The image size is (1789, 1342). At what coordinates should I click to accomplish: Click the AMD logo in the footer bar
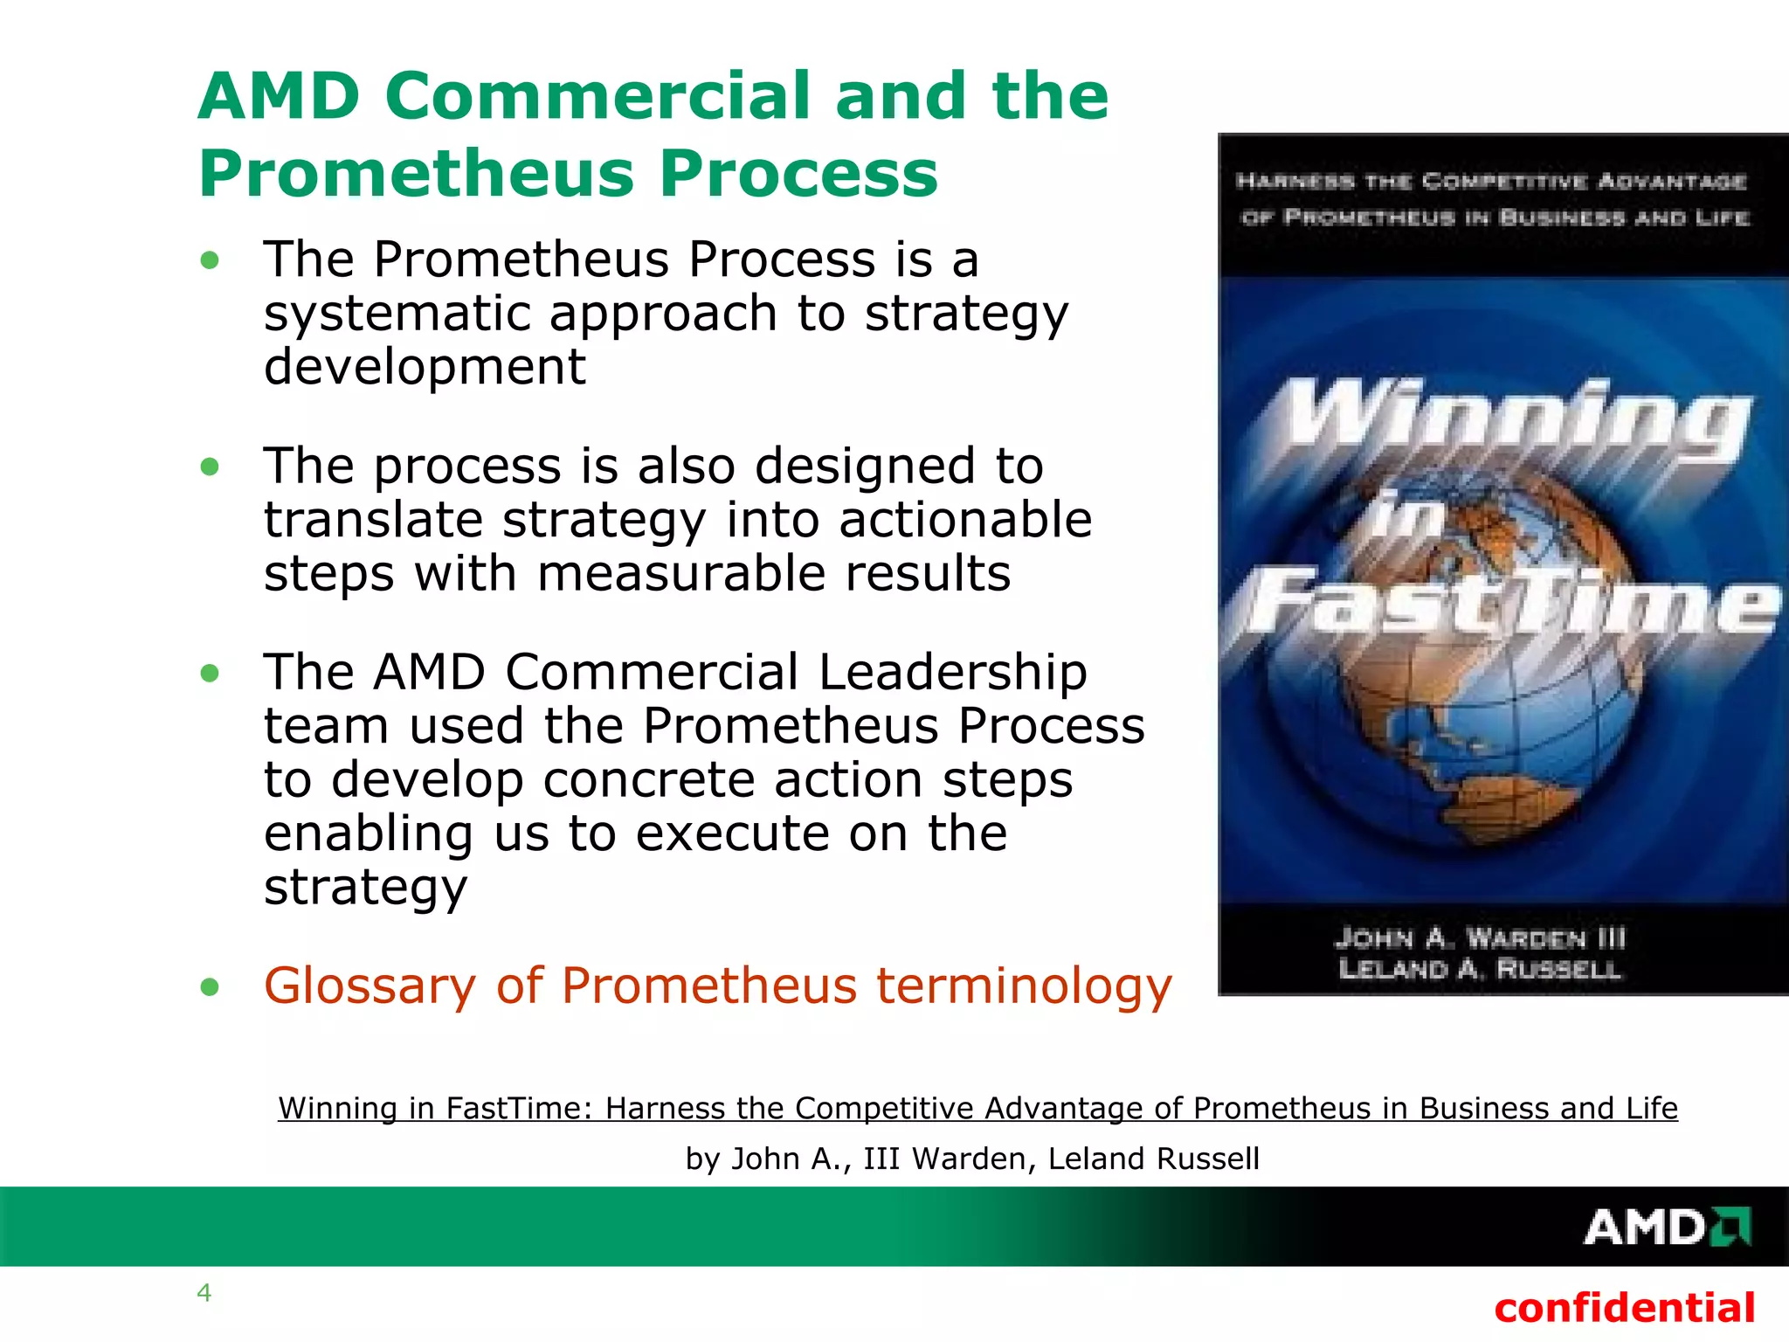(x=1667, y=1228)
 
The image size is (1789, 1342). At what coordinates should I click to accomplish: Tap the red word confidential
(x=1624, y=1308)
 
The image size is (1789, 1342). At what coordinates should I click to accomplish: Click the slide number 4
(x=204, y=1292)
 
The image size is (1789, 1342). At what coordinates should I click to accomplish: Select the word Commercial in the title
(x=597, y=95)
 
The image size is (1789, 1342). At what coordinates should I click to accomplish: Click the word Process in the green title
(x=798, y=173)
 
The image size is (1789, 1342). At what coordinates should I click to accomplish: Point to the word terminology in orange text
(x=1024, y=986)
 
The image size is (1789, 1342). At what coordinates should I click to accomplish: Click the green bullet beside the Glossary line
(x=210, y=987)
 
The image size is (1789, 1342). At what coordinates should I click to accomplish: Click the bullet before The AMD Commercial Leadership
(x=210, y=674)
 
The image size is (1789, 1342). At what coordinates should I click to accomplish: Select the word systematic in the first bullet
(x=395, y=313)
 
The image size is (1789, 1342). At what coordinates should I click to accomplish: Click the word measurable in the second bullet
(x=680, y=574)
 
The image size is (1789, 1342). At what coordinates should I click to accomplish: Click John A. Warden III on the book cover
(x=1480, y=937)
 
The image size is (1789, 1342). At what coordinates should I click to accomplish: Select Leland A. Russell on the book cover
(x=1480, y=969)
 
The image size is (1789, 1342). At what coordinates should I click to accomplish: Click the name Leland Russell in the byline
(x=1153, y=1159)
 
